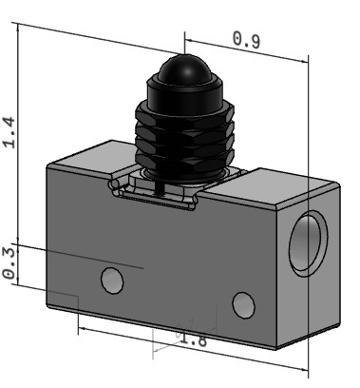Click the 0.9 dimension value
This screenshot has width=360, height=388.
click(246, 40)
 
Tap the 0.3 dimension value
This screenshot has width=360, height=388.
click(9, 263)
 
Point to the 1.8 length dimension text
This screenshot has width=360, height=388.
click(193, 339)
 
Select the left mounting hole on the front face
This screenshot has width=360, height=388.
click(112, 281)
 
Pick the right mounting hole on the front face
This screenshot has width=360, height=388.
click(243, 305)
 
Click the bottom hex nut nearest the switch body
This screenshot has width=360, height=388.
click(184, 159)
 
